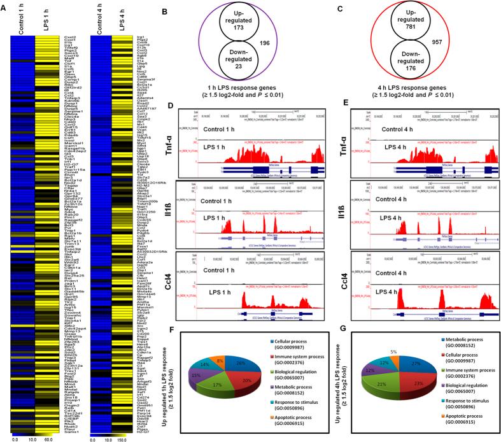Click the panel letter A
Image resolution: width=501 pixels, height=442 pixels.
(x=4, y=6)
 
